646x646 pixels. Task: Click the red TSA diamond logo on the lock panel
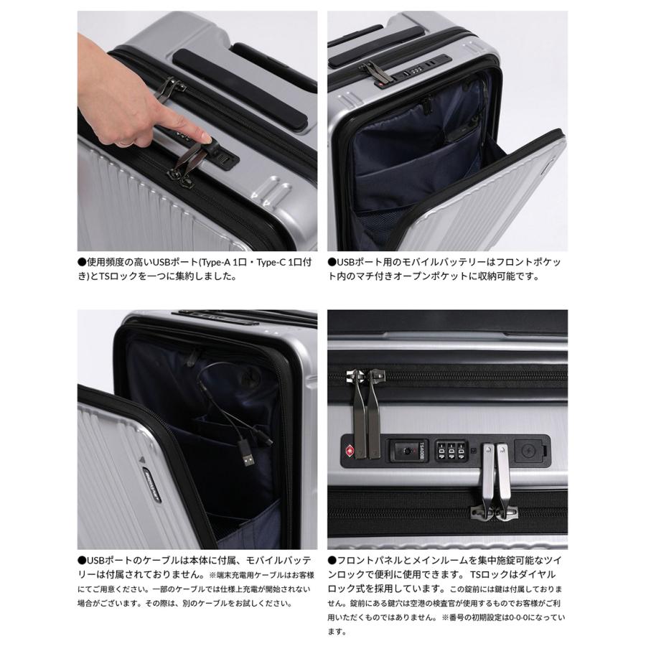pos(349,450)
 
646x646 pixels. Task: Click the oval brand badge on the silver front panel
pos(151,484)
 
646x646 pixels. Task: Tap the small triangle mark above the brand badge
pos(142,459)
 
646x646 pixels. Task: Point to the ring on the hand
pos(126,144)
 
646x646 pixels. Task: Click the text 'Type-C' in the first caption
pos(271,262)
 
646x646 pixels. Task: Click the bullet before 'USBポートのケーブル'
pos(82,561)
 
